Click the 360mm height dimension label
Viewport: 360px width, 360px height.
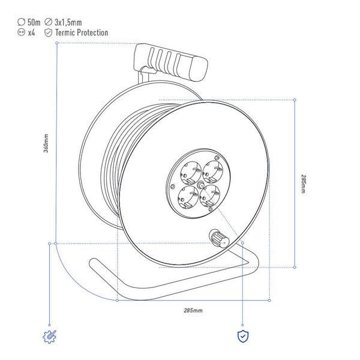46,143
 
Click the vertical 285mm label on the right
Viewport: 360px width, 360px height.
304,184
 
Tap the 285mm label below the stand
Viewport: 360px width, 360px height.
193,310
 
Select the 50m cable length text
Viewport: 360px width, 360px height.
34,22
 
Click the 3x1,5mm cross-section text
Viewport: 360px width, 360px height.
68,22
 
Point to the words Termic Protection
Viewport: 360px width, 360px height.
82,32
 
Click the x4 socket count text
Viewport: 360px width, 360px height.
31,33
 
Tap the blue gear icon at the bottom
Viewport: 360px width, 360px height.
49,337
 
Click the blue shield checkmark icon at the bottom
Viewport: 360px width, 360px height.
243,337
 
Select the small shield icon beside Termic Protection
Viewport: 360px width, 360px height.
48,32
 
